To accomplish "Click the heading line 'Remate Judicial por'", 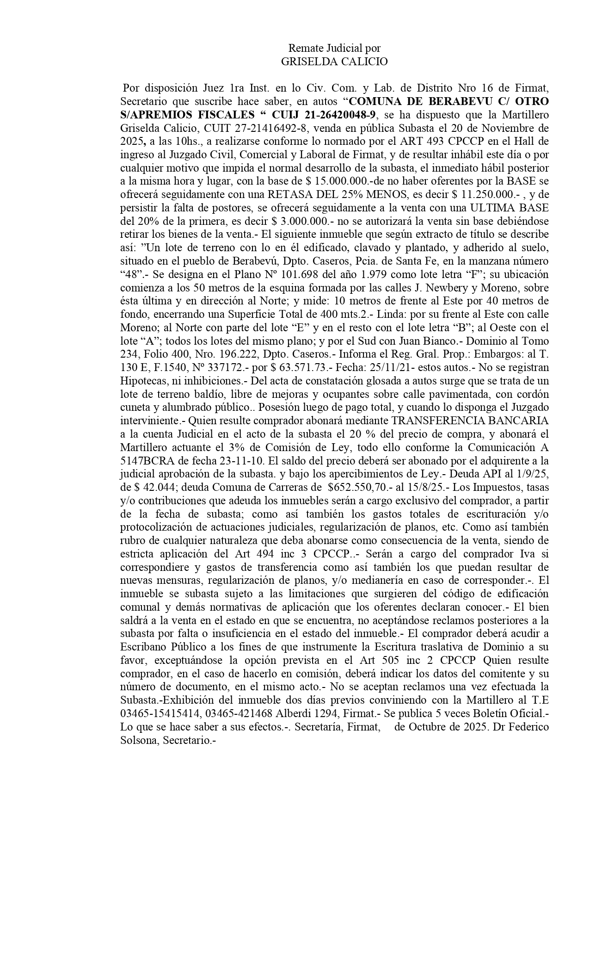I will [334, 48].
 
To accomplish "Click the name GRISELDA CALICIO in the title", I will [334, 62].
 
